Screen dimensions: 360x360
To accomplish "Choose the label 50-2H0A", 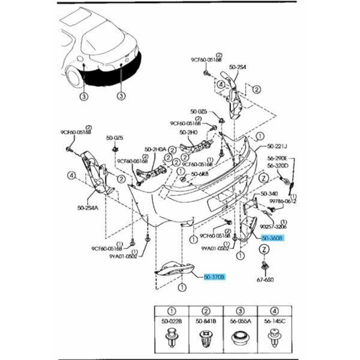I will pyautogui.click(x=155, y=151).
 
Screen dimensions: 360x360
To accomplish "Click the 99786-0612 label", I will pyautogui.click(x=282, y=202).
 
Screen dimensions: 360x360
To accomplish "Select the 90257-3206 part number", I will pyautogui.click(x=273, y=227).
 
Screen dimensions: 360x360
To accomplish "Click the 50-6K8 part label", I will pyautogui.click(x=200, y=175).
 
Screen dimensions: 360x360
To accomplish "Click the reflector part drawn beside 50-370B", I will pyautogui.click(x=174, y=269).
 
